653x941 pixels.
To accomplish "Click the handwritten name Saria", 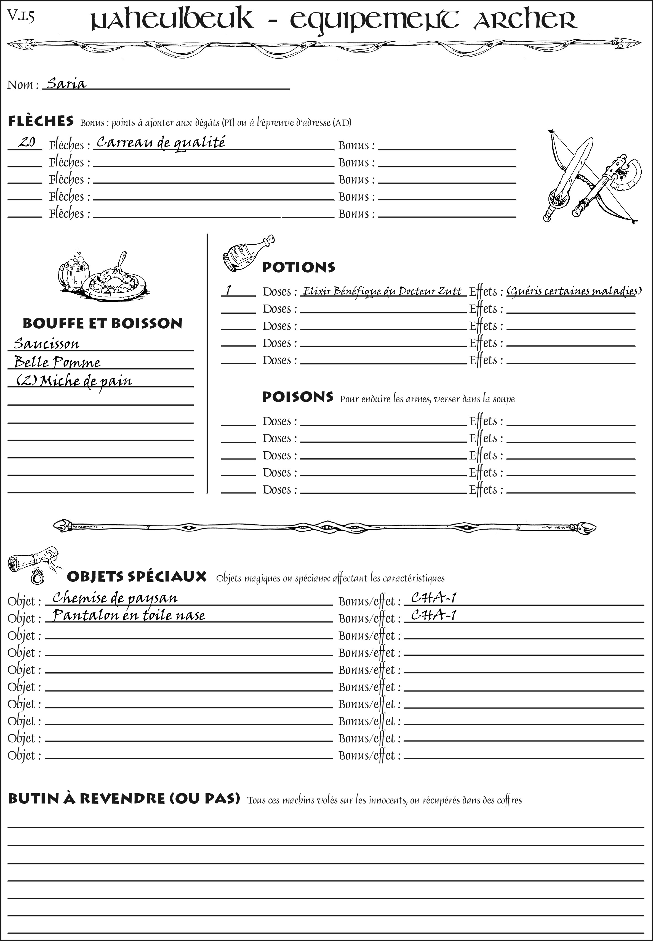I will click(x=66, y=84).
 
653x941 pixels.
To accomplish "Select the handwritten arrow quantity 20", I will click(x=27, y=142).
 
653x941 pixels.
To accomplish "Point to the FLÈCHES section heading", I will click(x=41, y=121).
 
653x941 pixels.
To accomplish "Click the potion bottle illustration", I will click(x=247, y=254).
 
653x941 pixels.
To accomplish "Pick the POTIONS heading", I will click(x=298, y=267).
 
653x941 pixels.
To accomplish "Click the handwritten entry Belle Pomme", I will click(x=57, y=362).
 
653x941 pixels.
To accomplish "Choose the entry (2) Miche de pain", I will click(x=74, y=381).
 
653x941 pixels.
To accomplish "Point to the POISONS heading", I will click(x=297, y=397).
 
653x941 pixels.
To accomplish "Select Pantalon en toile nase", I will click(x=129, y=615).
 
